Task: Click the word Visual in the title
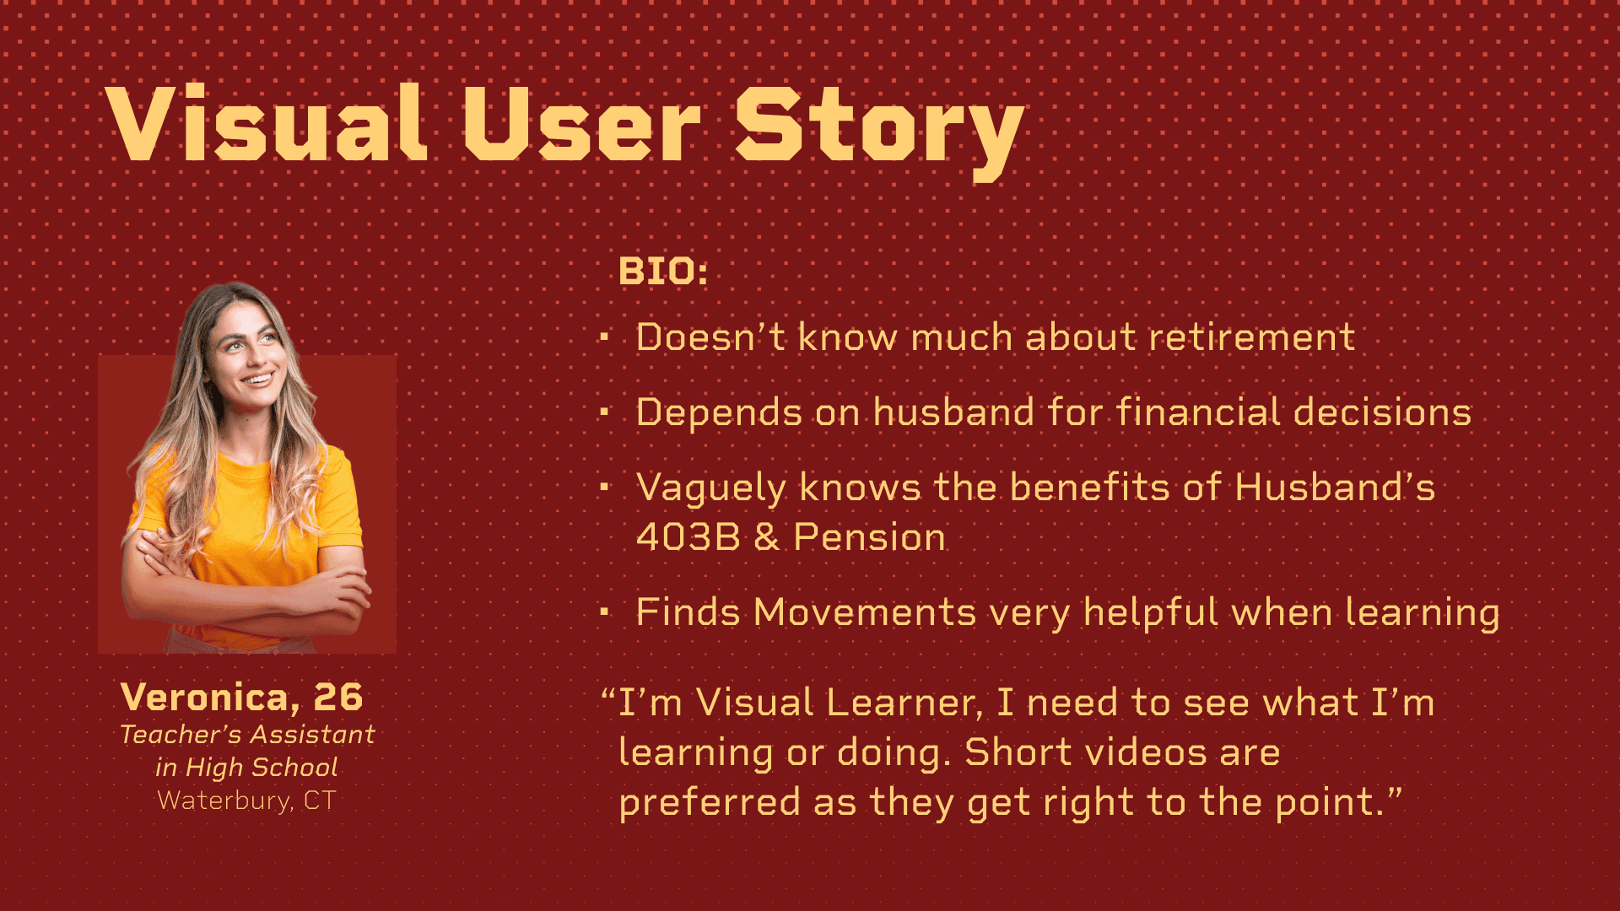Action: (267, 123)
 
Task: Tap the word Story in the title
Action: (880, 132)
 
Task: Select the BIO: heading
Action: (663, 272)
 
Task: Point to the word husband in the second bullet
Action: (953, 412)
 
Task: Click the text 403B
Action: (688, 537)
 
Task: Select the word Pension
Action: (870, 537)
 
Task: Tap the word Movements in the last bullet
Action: (865, 612)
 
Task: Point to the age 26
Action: (338, 698)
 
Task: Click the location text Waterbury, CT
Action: (246, 800)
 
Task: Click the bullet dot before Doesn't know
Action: (604, 338)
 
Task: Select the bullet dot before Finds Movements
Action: (604, 612)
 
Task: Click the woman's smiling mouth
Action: (257, 379)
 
